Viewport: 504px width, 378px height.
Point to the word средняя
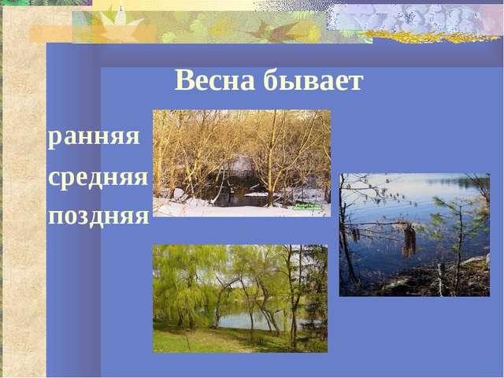click(x=98, y=176)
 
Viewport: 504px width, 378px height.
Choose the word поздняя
click(x=98, y=214)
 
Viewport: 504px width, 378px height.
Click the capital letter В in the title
click(x=183, y=80)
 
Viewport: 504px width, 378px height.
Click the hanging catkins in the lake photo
click(x=408, y=240)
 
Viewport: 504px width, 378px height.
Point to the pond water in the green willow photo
click(x=236, y=318)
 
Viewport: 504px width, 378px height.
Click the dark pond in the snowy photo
click(x=236, y=197)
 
